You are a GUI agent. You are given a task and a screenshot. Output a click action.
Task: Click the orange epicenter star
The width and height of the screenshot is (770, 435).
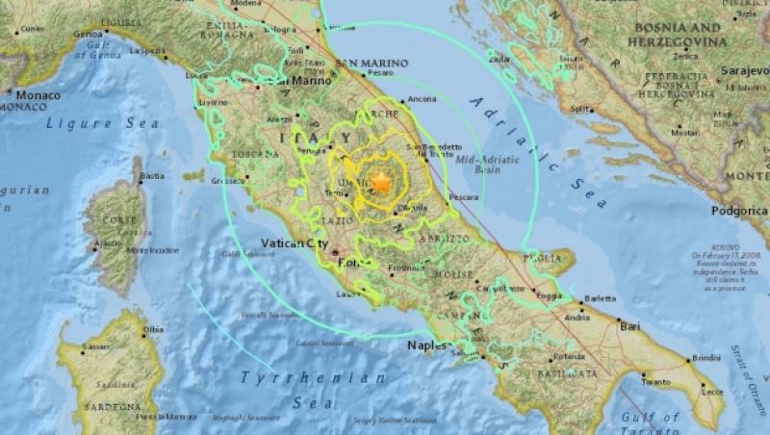(381, 181)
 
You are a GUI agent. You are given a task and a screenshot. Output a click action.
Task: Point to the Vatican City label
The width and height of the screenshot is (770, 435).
(295, 244)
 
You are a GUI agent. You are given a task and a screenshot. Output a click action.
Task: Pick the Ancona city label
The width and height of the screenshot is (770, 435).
(423, 99)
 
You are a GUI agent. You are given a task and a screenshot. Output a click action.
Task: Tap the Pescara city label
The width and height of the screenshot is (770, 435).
(464, 196)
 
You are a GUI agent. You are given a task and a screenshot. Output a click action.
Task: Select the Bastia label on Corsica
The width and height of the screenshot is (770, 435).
(151, 176)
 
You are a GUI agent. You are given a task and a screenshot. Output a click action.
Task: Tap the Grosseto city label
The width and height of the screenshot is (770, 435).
(228, 180)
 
